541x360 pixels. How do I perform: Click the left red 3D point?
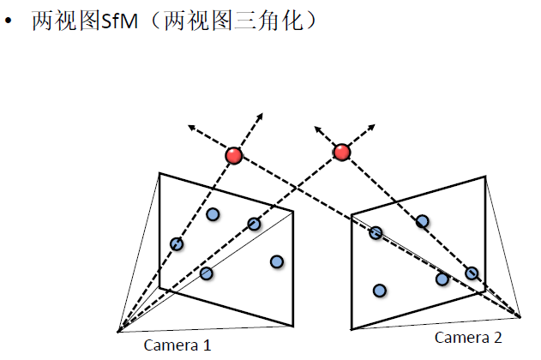233,156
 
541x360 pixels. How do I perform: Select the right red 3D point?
342,153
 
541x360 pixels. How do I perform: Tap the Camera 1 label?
177,345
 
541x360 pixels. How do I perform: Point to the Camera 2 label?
468,337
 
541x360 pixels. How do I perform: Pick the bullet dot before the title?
12,22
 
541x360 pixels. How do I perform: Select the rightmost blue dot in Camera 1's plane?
277,261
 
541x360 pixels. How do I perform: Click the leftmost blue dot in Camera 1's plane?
177,244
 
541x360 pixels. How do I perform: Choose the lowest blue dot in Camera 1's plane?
207,273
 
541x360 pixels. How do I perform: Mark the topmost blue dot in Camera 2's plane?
423,221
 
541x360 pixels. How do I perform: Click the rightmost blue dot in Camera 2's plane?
472,273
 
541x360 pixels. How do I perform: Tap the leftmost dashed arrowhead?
191,128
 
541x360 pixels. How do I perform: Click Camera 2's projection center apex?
520,315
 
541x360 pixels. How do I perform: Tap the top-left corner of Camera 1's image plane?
159,173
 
